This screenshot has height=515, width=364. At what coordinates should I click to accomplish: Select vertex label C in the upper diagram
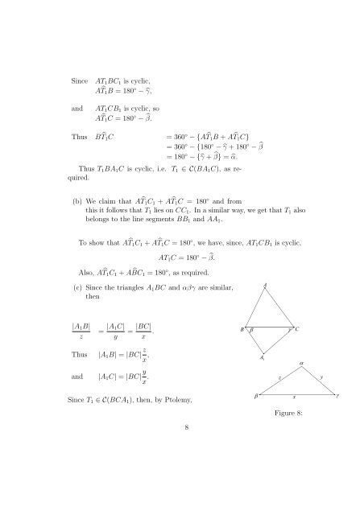click(x=298, y=329)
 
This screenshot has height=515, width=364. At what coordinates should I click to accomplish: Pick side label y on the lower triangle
click(x=321, y=377)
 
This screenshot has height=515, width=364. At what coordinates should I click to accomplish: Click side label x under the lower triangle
click(x=294, y=397)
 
